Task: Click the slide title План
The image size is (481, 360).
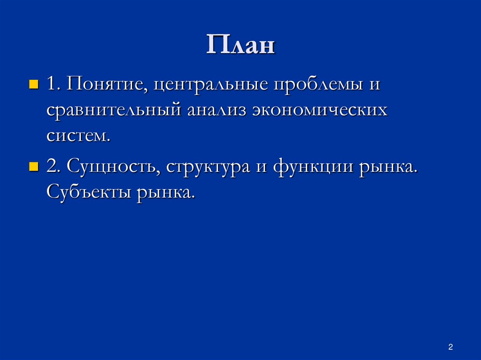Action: (240, 46)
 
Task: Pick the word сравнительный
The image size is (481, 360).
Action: (113, 111)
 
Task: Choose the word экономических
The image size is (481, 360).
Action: (320, 111)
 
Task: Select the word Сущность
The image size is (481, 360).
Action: (113, 168)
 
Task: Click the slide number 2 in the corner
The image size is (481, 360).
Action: (450, 347)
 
